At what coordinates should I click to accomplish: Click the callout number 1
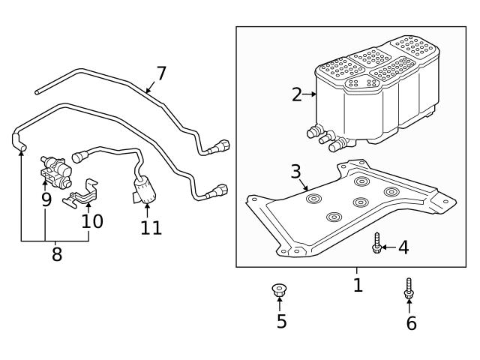click(x=358, y=286)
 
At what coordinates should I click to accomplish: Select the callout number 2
click(x=297, y=94)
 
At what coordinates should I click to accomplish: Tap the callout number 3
click(x=295, y=171)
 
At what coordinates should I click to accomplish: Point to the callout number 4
click(x=403, y=247)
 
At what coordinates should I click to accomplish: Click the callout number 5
click(x=280, y=321)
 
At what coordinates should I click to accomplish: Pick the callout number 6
click(x=411, y=323)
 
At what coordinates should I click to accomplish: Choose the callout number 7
click(x=161, y=73)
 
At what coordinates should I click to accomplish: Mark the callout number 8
click(x=57, y=254)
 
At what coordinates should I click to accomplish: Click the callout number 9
click(x=46, y=199)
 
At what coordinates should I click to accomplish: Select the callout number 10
click(x=92, y=221)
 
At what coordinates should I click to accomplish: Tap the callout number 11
click(x=151, y=227)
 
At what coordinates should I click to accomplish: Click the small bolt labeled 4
click(x=377, y=243)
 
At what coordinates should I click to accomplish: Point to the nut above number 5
click(x=280, y=289)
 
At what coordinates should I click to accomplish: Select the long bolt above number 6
click(x=409, y=288)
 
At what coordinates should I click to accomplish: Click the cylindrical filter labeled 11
click(x=143, y=189)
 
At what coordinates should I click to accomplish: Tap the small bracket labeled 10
click(x=84, y=193)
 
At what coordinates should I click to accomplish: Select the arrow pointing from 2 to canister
click(x=310, y=94)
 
